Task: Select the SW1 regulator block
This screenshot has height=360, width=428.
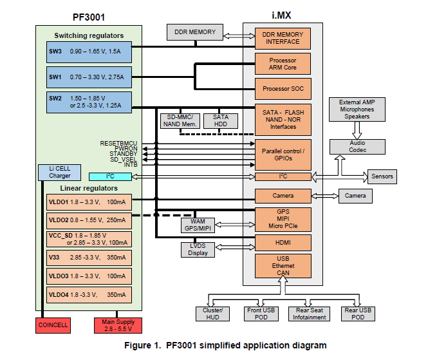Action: [x=89, y=77]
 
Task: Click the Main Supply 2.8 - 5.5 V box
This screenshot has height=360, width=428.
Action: [x=115, y=325]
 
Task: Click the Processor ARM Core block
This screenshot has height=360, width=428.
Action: [x=283, y=64]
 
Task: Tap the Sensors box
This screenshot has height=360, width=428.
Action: [x=380, y=176]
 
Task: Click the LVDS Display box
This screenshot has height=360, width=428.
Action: [x=199, y=249]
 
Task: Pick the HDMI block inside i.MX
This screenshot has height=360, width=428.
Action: [x=283, y=242]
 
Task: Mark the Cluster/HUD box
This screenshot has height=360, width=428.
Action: [x=213, y=313]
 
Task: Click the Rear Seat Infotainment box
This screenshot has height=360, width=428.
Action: [x=309, y=313]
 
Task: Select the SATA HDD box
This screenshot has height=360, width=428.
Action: [x=220, y=120]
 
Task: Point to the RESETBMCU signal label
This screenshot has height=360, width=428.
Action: [x=119, y=143]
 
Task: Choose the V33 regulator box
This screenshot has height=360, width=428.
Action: [x=89, y=257]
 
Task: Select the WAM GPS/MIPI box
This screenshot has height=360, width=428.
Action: [x=199, y=225]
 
